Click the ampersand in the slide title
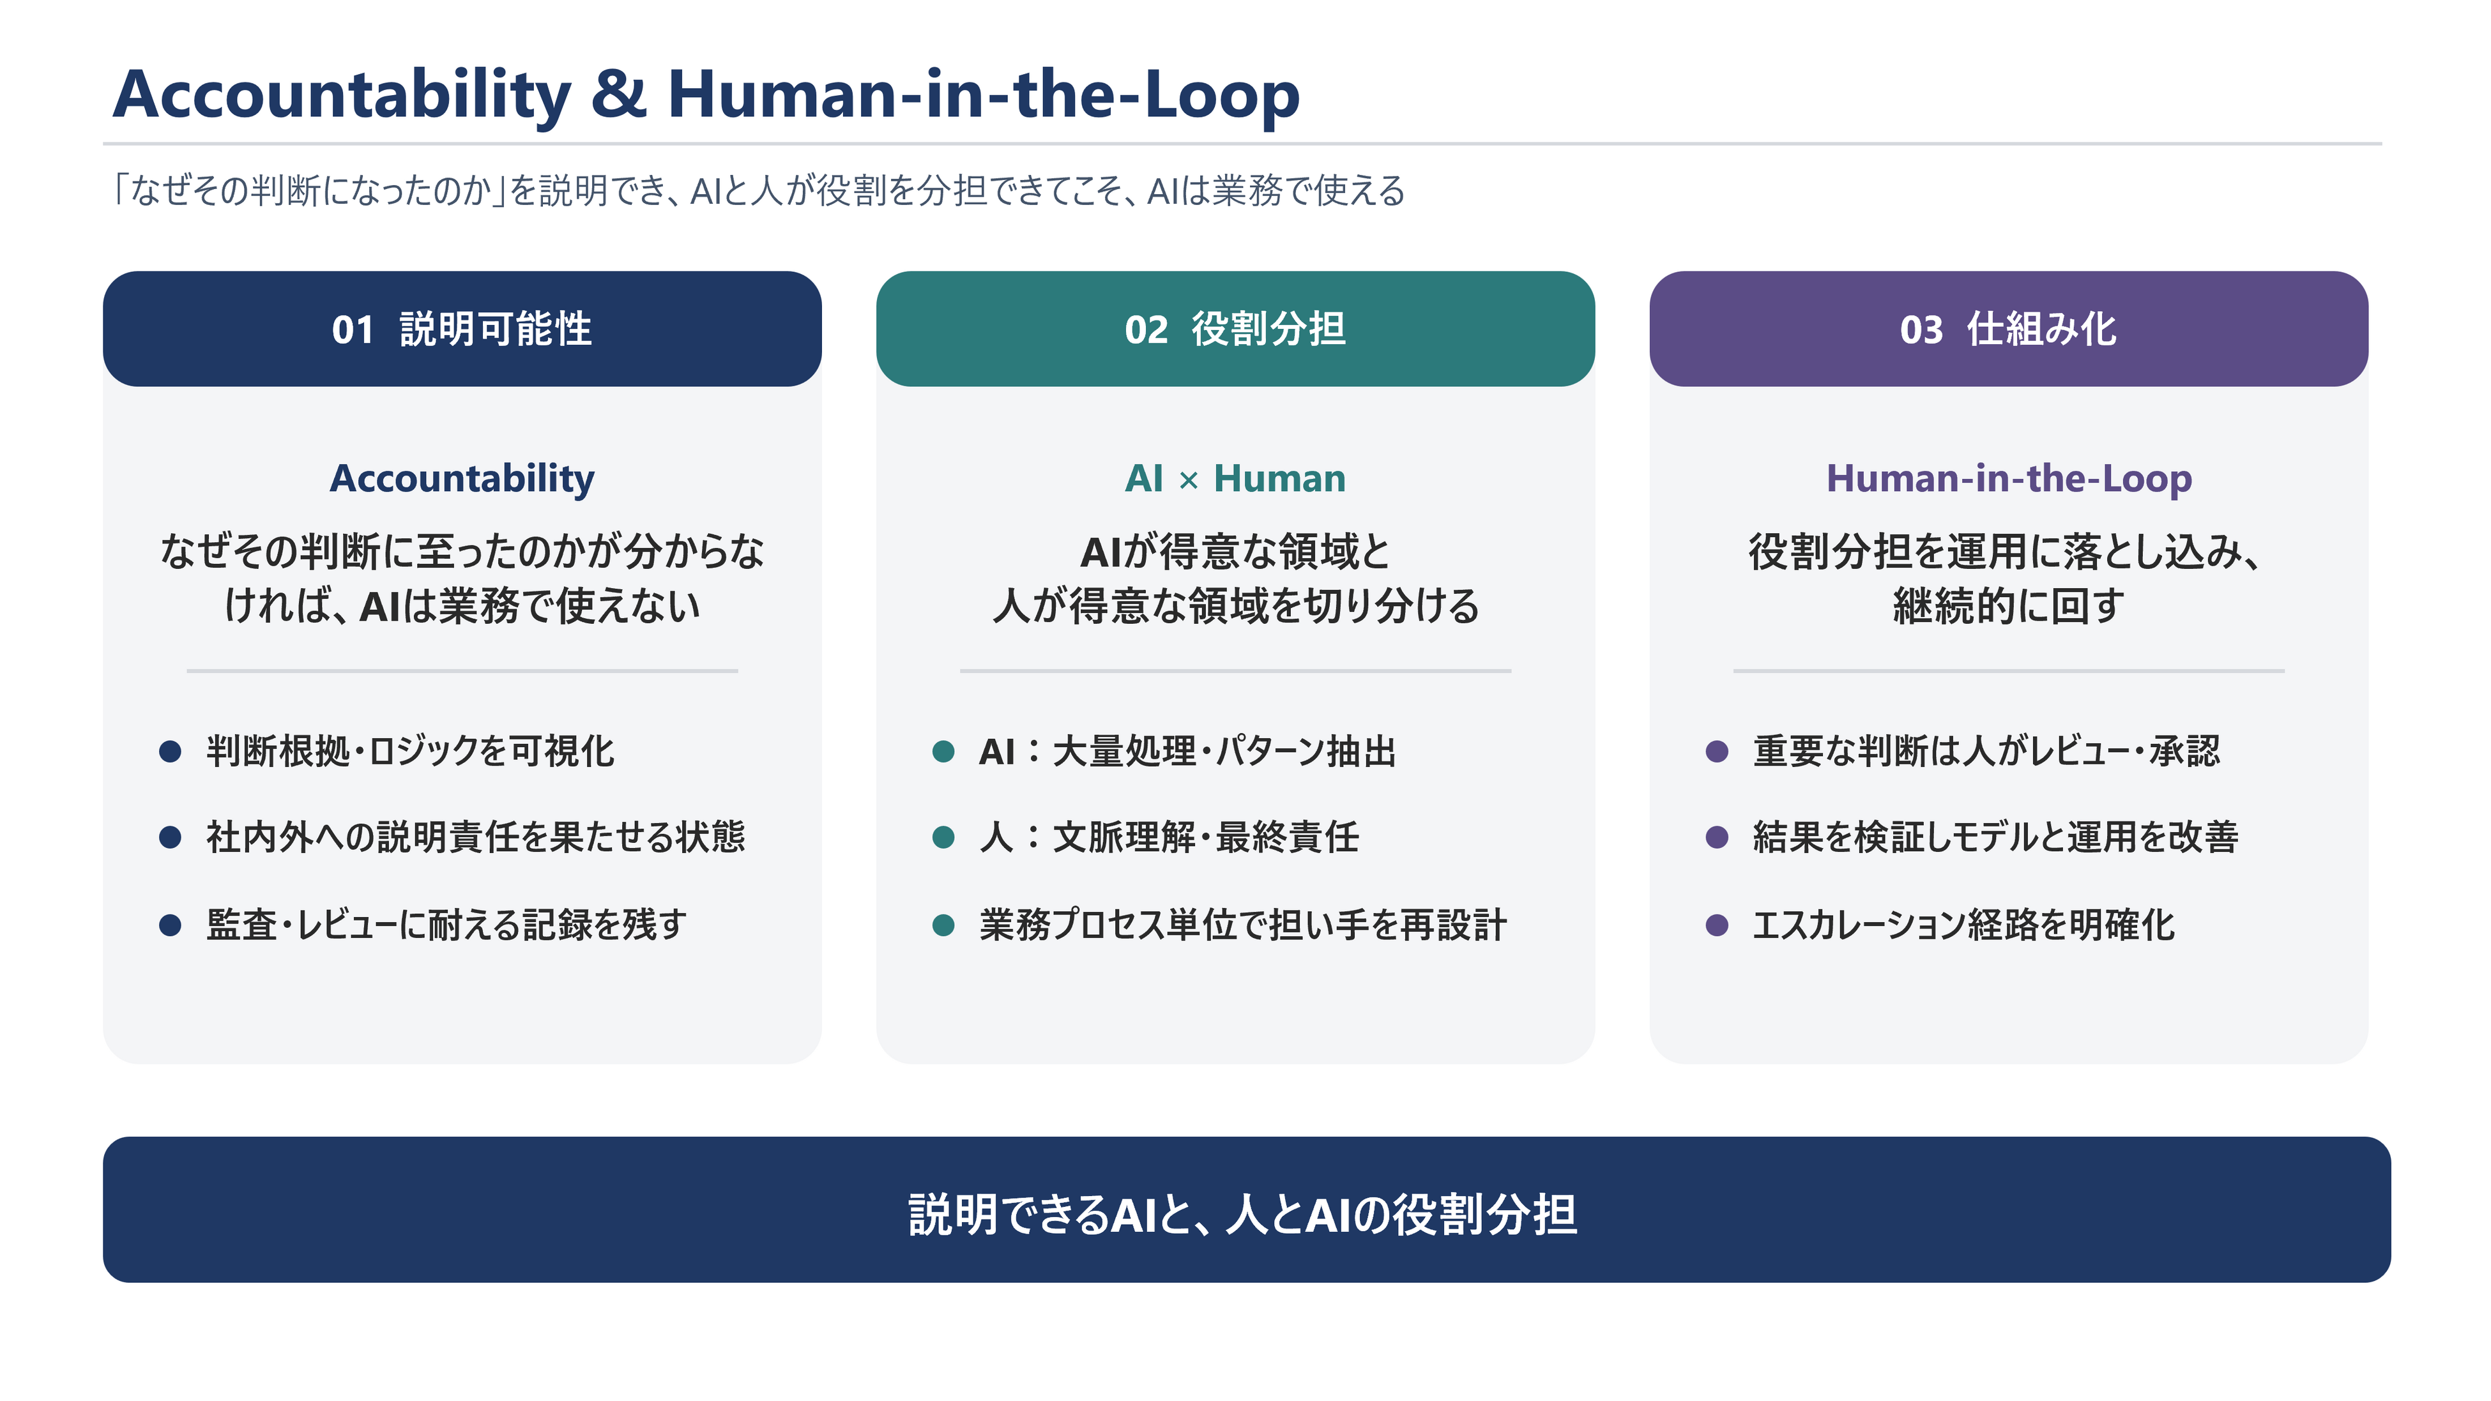(619, 95)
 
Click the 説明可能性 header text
(495, 329)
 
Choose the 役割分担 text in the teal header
(1268, 329)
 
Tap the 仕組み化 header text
(2041, 329)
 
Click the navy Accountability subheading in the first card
(462, 480)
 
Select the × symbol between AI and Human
(1189, 481)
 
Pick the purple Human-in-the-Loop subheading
(2009, 480)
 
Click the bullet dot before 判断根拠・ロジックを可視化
(170, 751)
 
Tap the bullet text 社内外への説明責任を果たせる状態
(476, 837)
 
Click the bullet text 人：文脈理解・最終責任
(1169, 837)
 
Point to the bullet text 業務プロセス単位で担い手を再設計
(1242, 925)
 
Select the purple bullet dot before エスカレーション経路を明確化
(1718, 925)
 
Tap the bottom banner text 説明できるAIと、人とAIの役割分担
(1242, 1215)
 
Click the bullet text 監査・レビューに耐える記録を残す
(446, 925)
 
